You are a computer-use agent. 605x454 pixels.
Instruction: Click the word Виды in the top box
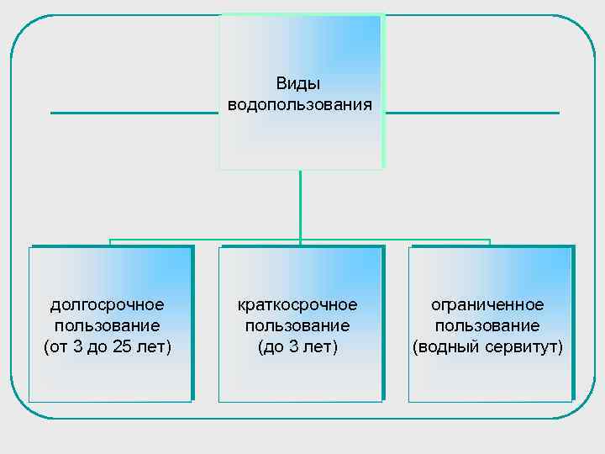[x=298, y=84]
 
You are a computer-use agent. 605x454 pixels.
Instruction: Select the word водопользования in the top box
[x=298, y=105]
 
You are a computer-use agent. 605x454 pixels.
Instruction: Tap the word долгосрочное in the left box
[x=108, y=305]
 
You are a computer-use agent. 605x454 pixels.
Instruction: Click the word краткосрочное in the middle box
[x=297, y=305]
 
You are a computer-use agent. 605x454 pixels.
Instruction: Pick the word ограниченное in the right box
[x=487, y=305]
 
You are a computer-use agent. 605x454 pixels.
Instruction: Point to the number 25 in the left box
[x=122, y=346]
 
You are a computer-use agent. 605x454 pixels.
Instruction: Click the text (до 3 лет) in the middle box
[x=297, y=346]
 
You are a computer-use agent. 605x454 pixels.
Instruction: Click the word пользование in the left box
[x=108, y=325]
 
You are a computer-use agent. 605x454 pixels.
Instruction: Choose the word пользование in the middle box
[x=297, y=325]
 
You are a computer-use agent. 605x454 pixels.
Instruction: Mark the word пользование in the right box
[x=487, y=325]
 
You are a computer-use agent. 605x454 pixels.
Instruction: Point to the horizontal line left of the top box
[x=134, y=113]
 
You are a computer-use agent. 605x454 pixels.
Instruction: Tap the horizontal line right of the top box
[x=471, y=113]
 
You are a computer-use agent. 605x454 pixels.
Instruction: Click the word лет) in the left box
[x=155, y=346]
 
